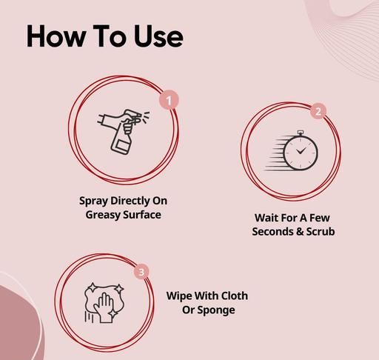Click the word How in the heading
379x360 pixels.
(56, 36)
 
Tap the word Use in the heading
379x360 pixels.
(158, 36)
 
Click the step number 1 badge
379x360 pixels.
(169, 100)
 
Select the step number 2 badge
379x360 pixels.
(318, 111)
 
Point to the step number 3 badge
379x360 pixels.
(141, 272)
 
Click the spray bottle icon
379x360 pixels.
(123, 132)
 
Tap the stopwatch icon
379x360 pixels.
(292, 151)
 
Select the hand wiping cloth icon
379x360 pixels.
(104, 303)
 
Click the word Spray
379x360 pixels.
(93, 201)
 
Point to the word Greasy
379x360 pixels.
(102, 215)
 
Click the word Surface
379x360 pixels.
(142, 214)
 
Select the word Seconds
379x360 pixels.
(272, 232)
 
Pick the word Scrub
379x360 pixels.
(321, 232)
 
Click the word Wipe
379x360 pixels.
(179, 296)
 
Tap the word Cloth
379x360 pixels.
(235, 296)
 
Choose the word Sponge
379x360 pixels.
(216, 310)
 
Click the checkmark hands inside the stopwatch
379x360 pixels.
(301, 150)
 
